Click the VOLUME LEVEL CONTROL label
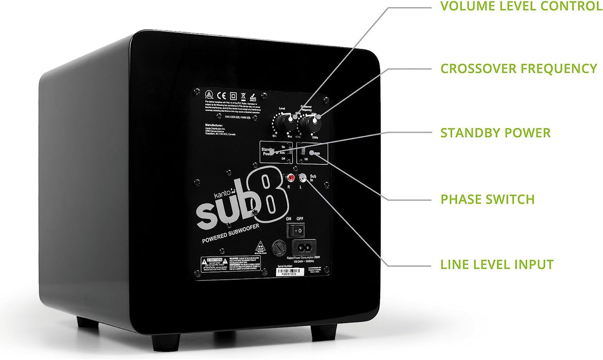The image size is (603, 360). pos(521,7)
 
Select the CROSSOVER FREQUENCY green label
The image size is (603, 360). pos(519,69)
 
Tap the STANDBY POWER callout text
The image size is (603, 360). pos(495,133)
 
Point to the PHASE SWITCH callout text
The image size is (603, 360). pos(487,199)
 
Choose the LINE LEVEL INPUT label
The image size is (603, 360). pos(496,265)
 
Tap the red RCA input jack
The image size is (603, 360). pos(291,178)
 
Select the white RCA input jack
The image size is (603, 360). pos(303,178)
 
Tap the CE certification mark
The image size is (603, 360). pos(219,95)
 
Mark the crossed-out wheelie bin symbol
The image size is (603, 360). pos(242,96)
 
